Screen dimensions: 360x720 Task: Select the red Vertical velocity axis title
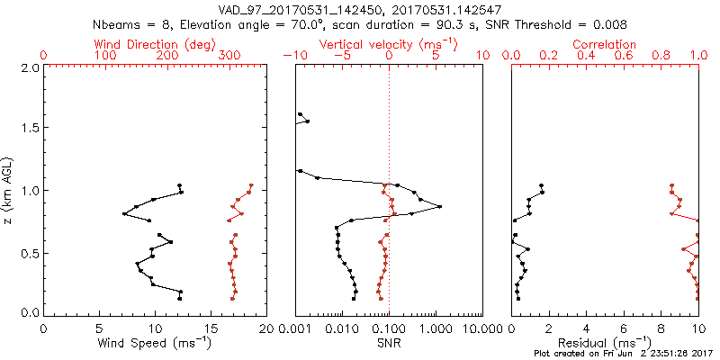[388, 44]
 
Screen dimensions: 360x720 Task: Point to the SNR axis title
[388, 343]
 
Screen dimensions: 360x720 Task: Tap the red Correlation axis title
[606, 44]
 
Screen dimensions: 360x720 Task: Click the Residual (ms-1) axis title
[606, 343]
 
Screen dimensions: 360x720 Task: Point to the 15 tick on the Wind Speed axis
[211, 328]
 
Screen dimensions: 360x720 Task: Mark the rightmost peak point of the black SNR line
[439, 207]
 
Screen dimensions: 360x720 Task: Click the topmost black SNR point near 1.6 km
[300, 114]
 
